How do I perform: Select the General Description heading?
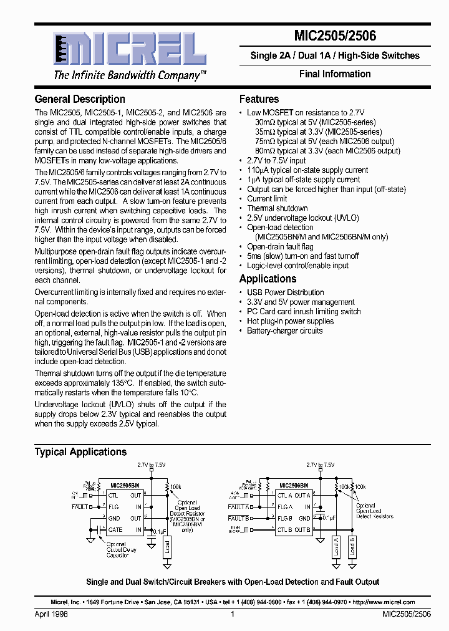point(80,99)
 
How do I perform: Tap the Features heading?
point(259,99)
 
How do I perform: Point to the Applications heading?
point(268,279)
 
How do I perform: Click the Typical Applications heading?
point(80,452)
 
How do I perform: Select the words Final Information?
point(335,74)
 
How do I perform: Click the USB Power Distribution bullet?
point(285,292)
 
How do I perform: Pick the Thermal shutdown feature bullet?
point(278,208)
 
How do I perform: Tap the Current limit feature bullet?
point(267,199)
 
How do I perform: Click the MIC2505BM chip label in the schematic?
point(125,484)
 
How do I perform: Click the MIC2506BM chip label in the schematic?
point(292,484)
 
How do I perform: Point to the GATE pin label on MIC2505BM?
point(115,529)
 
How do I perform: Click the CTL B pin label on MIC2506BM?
point(285,529)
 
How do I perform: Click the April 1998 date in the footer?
point(51,614)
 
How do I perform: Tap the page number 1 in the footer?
point(232,614)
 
